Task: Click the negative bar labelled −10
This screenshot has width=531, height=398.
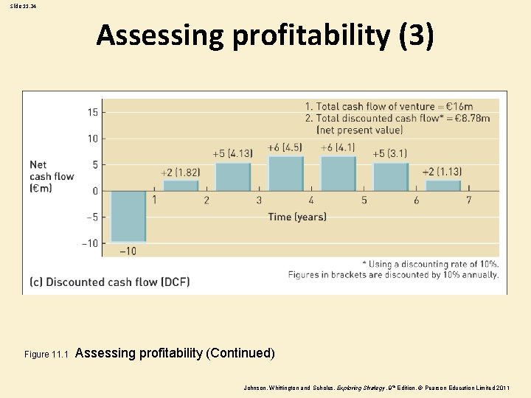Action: click(128, 217)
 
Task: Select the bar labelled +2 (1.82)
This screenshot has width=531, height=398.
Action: click(181, 186)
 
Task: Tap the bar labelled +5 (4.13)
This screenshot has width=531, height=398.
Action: click(233, 177)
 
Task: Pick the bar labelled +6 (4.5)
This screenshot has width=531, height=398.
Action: click(285, 173)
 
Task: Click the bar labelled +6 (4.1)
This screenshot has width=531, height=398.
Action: click(338, 173)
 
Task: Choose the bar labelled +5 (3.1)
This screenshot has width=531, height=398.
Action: click(390, 177)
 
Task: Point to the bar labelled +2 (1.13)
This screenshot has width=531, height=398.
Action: click(442, 186)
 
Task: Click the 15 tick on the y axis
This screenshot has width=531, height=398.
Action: click(93, 112)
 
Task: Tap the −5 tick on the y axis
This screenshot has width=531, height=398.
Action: click(91, 217)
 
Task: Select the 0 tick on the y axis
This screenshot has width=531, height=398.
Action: click(94, 191)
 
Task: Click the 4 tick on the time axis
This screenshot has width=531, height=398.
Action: click(311, 200)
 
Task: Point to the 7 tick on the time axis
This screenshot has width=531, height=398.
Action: click(469, 200)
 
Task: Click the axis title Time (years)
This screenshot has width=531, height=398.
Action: click(297, 217)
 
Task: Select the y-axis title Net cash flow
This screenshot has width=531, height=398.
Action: click(52, 176)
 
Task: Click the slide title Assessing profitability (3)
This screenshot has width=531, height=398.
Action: click(265, 35)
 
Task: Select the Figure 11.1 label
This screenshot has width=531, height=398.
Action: click(46, 355)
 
